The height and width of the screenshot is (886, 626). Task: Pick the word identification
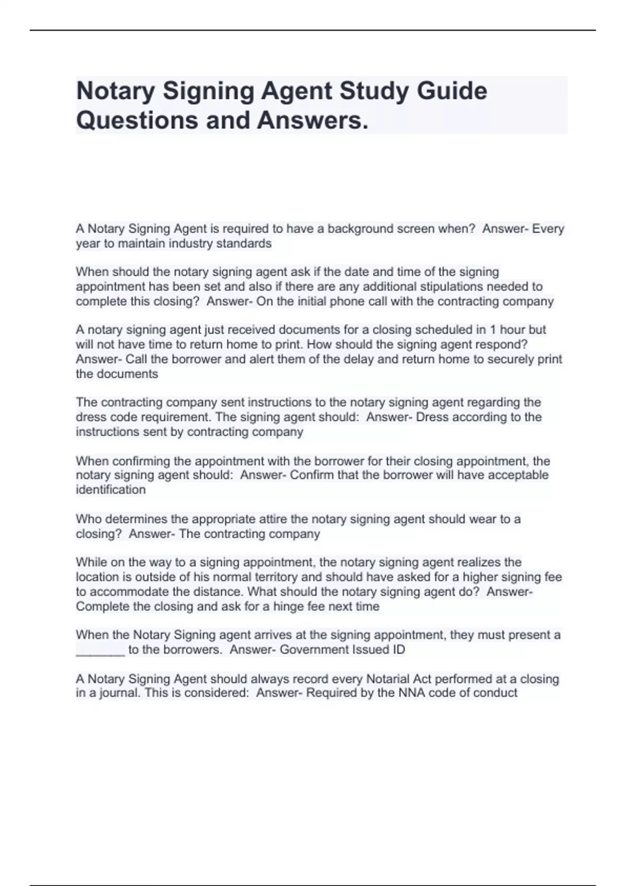point(111,490)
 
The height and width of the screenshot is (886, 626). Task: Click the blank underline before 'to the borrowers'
point(100,650)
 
